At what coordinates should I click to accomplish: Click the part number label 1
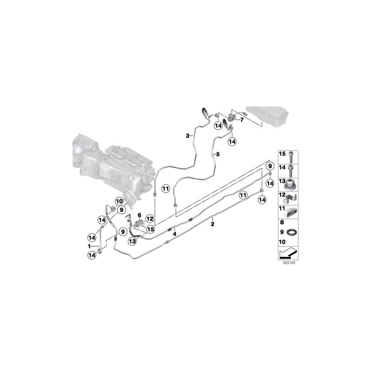[x=89, y=246]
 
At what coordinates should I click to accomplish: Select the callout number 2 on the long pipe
[x=213, y=224]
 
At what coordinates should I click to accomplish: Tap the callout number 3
[x=187, y=136]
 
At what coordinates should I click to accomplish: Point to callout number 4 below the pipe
[x=174, y=234]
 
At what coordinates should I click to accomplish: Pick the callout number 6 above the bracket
[x=140, y=215]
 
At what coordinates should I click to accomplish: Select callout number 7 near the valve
[x=242, y=120]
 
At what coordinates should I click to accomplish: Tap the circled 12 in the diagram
[x=150, y=219]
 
